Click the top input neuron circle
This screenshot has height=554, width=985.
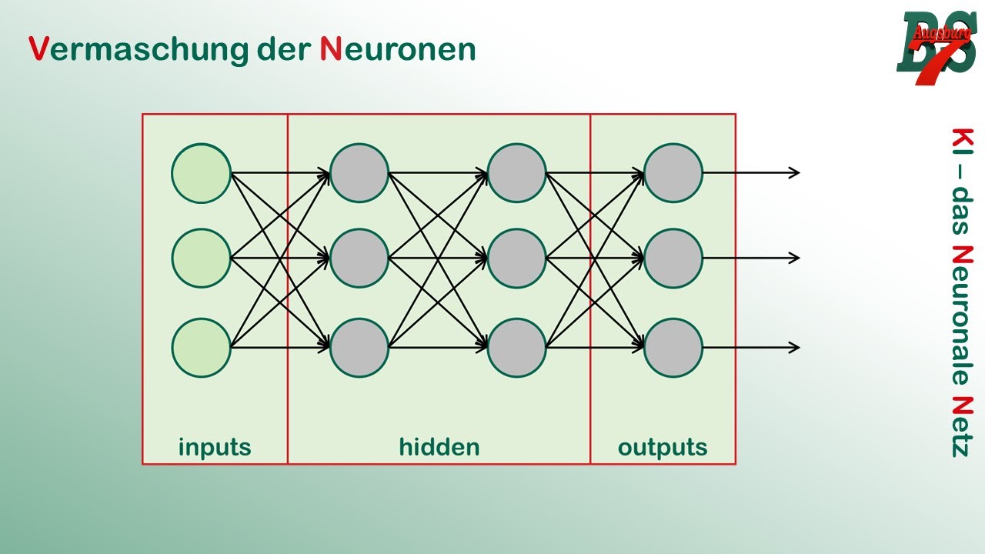click(201, 173)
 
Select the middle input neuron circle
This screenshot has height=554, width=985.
click(201, 259)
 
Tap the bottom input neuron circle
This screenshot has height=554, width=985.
click(201, 348)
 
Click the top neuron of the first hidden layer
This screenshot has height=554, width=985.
click(359, 173)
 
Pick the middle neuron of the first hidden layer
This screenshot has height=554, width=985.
click(359, 259)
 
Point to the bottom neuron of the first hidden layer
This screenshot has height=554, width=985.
click(359, 348)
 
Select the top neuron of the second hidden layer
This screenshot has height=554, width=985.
click(516, 173)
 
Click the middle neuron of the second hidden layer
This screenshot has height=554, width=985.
click(516, 259)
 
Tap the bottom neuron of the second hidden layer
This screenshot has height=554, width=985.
click(516, 348)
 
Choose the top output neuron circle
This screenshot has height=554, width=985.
click(673, 173)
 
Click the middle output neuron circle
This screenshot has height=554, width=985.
click(673, 259)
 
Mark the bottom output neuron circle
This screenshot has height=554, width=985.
click(673, 348)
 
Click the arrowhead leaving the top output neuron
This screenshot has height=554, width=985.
click(795, 173)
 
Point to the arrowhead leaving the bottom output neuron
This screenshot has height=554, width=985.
click(795, 348)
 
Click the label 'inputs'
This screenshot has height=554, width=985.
click(215, 447)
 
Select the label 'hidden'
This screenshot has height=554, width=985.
click(439, 446)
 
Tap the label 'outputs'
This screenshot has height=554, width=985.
click(663, 447)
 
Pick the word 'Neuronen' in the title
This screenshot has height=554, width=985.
click(398, 49)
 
